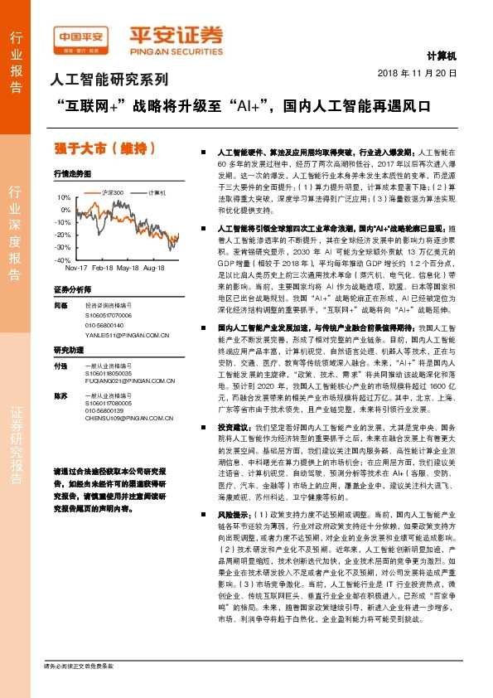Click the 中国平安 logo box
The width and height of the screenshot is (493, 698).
point(81,36)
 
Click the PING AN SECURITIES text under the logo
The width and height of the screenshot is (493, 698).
point(176,47)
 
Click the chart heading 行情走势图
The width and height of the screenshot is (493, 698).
point(70,176)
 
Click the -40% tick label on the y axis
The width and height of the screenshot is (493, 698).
point(62,259)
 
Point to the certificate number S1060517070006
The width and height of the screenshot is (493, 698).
point(109,316)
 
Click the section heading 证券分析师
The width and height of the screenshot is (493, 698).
point(70,290)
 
